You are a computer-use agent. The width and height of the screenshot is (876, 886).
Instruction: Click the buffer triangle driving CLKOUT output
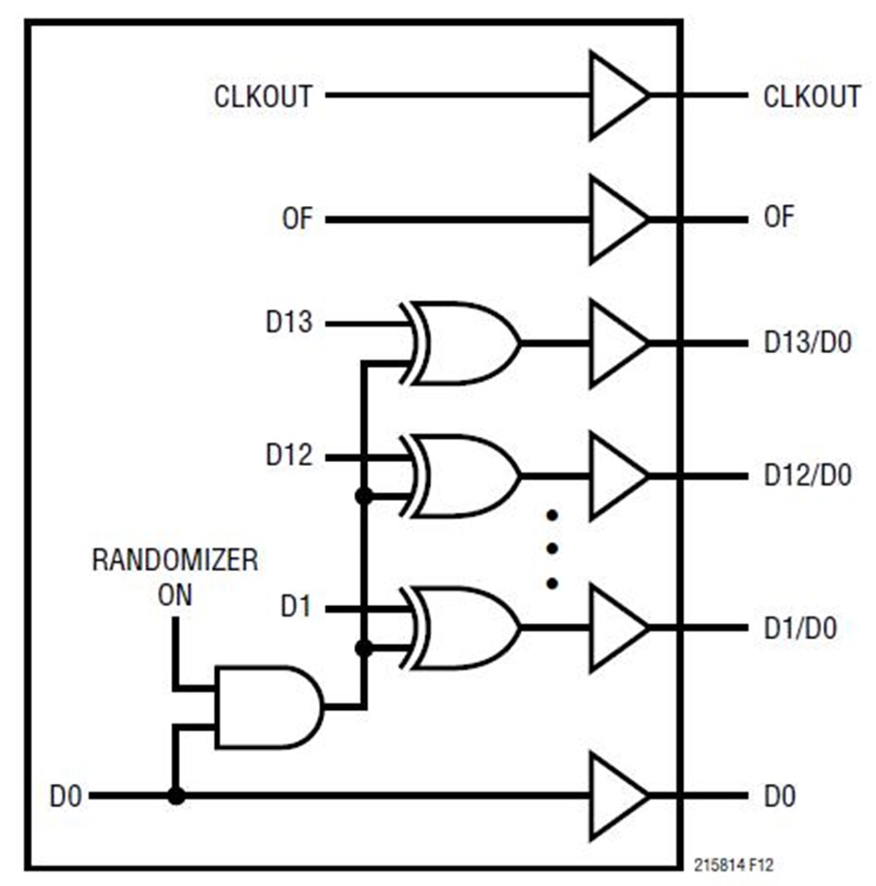pos(615,95)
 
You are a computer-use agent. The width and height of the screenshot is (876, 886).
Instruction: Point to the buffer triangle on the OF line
pos(615,220)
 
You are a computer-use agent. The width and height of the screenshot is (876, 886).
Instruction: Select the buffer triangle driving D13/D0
pos(615,343)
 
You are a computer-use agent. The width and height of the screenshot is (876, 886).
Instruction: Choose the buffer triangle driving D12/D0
pos(615,476)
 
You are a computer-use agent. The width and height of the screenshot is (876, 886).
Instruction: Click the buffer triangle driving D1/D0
pos(615,627)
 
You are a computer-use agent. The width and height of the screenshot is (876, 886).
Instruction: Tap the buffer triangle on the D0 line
pos(615,797)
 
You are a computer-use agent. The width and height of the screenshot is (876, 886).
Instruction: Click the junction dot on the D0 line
pos(175,797)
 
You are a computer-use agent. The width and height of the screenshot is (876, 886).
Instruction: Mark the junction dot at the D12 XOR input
pos(364,496)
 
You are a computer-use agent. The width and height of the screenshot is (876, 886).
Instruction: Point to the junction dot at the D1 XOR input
pos(364,648)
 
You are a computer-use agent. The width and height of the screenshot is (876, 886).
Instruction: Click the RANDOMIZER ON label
pos(175,577)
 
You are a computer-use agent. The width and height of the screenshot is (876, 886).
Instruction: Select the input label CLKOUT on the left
pos(264,96)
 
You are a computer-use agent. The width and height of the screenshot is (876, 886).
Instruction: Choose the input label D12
pos(289,455)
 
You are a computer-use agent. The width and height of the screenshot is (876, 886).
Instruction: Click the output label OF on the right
pos(779,219)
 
